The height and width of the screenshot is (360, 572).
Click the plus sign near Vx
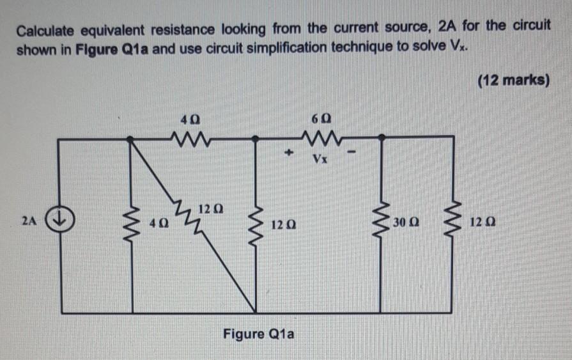click(x=289, y=154)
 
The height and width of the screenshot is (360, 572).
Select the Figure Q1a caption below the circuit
click(x=258, y=334)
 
